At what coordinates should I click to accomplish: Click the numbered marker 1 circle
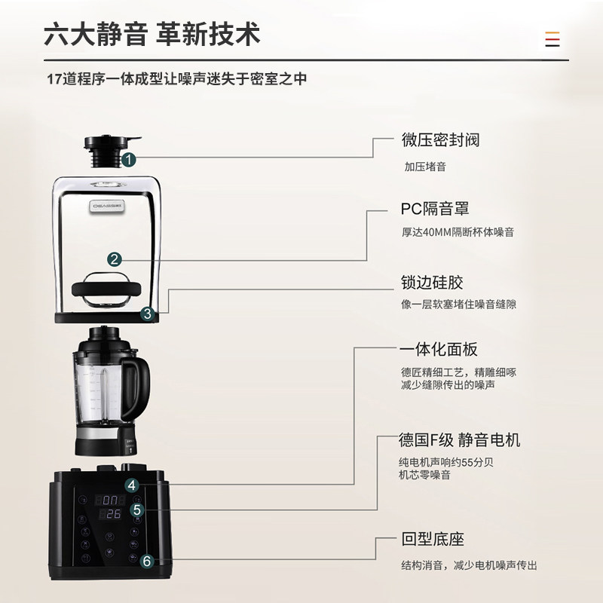click(129, 159)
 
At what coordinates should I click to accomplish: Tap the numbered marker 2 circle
click(115, 259)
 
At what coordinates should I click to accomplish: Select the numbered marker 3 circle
click(148, 314)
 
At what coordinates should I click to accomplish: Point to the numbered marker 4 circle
click(132, 485)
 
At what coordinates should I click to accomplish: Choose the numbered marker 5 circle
click(137, 510)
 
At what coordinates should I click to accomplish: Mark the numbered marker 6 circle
click(147, 561)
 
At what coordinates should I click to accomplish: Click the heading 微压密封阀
click(441, 139)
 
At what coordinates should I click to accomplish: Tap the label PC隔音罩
click(435, 209)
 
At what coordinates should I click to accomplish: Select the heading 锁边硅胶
click(432, 282)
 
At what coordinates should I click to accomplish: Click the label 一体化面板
click(439, 350)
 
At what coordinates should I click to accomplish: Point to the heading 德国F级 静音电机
click(459, 440)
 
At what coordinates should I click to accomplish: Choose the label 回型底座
click(433, 539)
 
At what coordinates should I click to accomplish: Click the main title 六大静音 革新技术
click(152, 34)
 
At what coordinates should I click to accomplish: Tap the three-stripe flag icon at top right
click(552, 39)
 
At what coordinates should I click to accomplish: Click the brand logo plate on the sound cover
click(108, 206)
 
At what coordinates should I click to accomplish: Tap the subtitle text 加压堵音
click(425, 167)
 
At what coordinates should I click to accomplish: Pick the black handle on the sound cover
click(106, 289)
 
